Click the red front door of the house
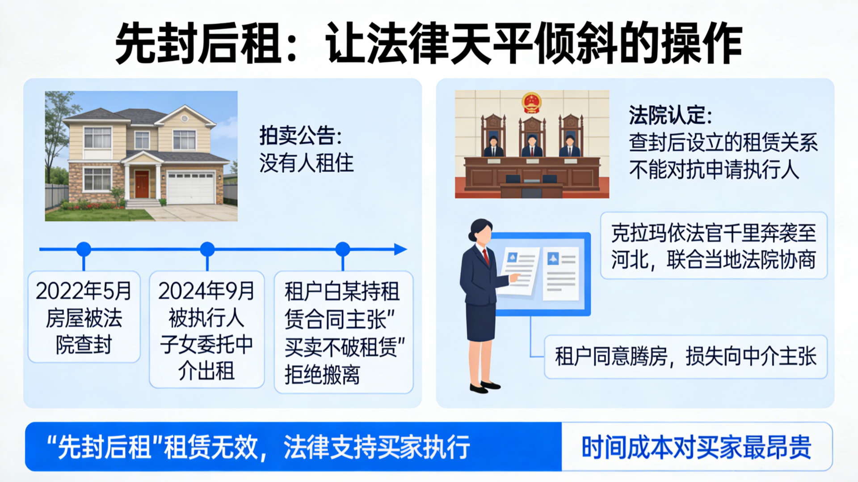click(142, 184)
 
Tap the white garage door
click(190, 188)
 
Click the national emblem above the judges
click(532, 103)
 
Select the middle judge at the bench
click(532, 145)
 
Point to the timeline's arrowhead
click(400, 249)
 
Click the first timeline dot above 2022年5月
click(84, 249)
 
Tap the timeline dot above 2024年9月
click(207, 249)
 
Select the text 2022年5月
click(84, 291)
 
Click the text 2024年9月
click(206, 291)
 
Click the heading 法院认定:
click(670, 115)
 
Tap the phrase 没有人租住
click(307, 163)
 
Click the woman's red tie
click(486, 256)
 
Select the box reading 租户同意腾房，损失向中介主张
click(686, 357)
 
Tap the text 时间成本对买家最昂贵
click(696, 447)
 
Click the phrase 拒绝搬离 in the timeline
click(322, 375)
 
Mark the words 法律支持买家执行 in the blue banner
click(377, 447)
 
